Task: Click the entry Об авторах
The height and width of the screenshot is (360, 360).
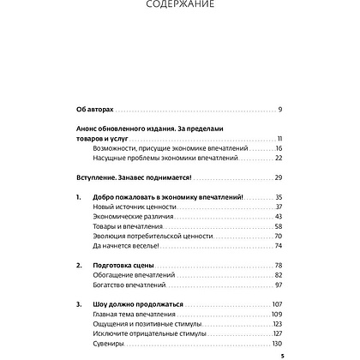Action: coord(90,110)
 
